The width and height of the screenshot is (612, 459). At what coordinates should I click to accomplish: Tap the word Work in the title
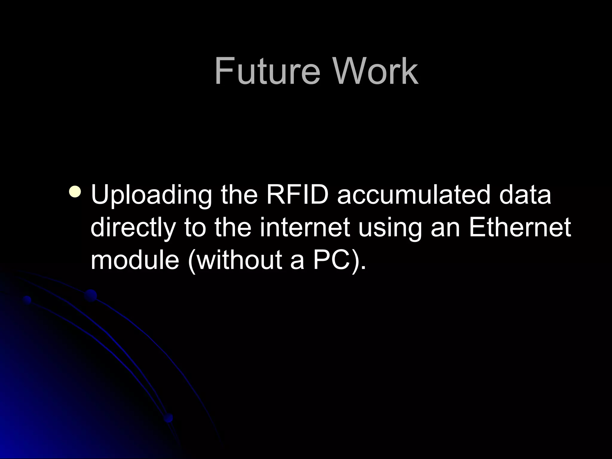click(376, 72)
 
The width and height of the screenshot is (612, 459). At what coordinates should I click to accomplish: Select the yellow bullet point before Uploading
click(74, 192)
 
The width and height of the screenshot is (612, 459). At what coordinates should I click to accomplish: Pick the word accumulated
click(414, 195)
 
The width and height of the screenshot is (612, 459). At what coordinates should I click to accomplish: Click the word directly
click(133, 228)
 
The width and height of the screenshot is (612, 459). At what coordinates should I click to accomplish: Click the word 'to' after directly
click(195, 228)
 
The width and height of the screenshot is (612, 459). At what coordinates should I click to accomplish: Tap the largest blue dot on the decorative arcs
click(91, 296)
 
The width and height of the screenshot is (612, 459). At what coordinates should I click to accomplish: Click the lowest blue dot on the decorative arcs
click(169, 418)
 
